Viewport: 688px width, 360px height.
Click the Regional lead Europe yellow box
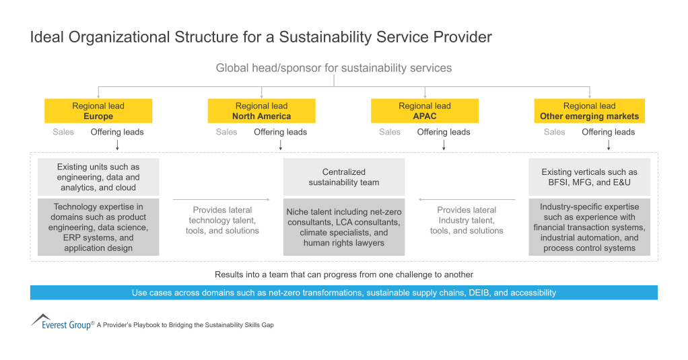click(x=98, y=111)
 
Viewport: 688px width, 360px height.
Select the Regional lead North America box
click(x=261, y=111)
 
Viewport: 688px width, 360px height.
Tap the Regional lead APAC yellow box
click(x=425, y=111)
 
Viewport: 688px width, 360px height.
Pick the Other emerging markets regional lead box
click(x=589, y=111)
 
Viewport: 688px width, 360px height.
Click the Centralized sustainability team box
click(x=344, y=177)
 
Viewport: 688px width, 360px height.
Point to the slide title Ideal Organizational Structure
click(x=261, y=37)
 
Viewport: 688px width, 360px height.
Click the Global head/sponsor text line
click(x=334, y=68)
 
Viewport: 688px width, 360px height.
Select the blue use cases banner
click(x=344, y=293)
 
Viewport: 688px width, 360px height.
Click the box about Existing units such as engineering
click(x=98, y=177)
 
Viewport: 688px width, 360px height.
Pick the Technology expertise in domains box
click(x=98, y=227)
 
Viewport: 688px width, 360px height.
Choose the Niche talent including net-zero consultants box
click(x=344, y=227)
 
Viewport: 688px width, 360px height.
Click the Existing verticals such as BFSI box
click(x=589, y=177)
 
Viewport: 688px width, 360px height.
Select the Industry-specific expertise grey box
click(x=589, y=227)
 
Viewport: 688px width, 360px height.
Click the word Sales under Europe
click(x=63, y=132)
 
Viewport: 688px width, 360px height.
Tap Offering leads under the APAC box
click(x=444, y=132)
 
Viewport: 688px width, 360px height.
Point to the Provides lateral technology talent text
click(x=222, y=220)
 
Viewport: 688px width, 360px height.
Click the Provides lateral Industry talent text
click(x=467, y=220)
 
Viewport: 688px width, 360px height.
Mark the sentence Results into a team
click(x=344, y=275)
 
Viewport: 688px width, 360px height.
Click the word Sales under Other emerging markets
click(x=554, y=132)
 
